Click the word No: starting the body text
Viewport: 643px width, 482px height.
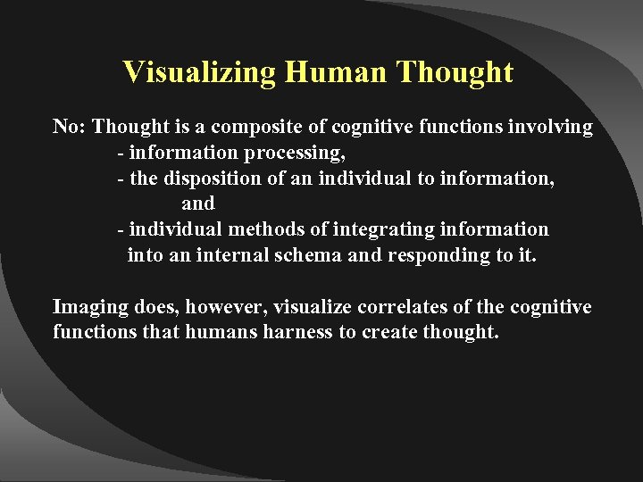pyautogui.click(x=70, y=128)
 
